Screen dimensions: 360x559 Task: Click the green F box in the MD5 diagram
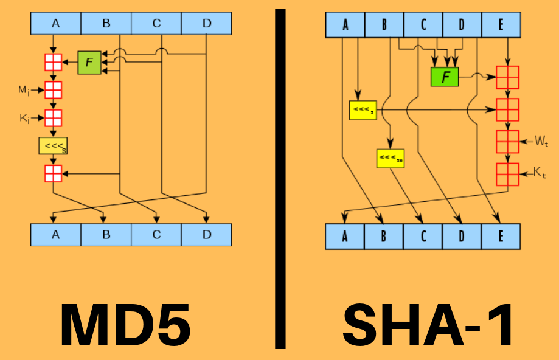pos(89,63)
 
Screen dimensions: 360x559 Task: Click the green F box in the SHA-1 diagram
pos(445,77)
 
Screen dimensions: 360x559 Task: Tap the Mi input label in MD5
pos(23,90)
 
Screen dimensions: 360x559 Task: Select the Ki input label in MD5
pos(24,118)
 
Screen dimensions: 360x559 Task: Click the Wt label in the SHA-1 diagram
pos(541,142)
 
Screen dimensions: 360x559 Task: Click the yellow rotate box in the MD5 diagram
pos(53,146)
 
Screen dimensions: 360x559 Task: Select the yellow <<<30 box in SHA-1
pos(391,158)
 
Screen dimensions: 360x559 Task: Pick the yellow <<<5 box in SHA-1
pos(363,110)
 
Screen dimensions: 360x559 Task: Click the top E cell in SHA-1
pos(501,25)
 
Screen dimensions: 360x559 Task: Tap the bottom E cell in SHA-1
pos(501,237)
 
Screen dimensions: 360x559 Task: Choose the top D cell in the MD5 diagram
pos(207,24)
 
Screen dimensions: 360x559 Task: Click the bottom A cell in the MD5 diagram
pos(55,234)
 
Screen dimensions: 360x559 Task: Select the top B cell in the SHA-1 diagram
pos(384,25)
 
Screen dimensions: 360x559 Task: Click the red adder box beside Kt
pos(507,175)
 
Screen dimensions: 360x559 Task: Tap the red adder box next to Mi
pos(54,90)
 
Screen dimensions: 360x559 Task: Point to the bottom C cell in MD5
pos(156,234)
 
